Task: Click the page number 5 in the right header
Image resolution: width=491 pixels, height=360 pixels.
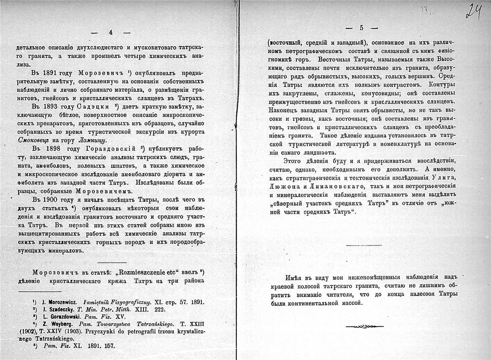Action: coord(361,28)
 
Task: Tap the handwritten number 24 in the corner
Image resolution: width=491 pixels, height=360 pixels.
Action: coord(474,10)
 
